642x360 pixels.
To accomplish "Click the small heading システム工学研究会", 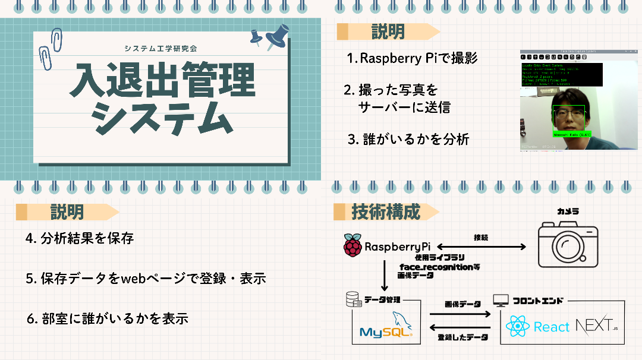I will (x=161, y=48).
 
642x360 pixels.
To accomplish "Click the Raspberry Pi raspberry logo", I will (x=353, y=245).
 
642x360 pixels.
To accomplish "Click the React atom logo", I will (x=517, y=327).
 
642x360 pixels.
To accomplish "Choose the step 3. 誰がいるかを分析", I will (x=408, y=140).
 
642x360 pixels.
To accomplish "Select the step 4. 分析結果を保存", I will (x=80, y=239).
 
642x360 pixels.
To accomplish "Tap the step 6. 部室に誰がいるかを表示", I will (x=108, y=318).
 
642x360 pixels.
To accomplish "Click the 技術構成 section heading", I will (x=386, y=212).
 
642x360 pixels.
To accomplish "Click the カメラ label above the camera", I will (x=568, y=211).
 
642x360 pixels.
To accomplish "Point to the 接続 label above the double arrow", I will (x=481, y=237).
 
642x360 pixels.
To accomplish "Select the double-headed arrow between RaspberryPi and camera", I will (x=482, y=247).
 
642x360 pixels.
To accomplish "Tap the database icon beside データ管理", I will (x=353, y=301).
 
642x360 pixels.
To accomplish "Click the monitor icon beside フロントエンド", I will (x=501, y=301).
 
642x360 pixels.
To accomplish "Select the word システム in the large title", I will (x=161, y=119).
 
